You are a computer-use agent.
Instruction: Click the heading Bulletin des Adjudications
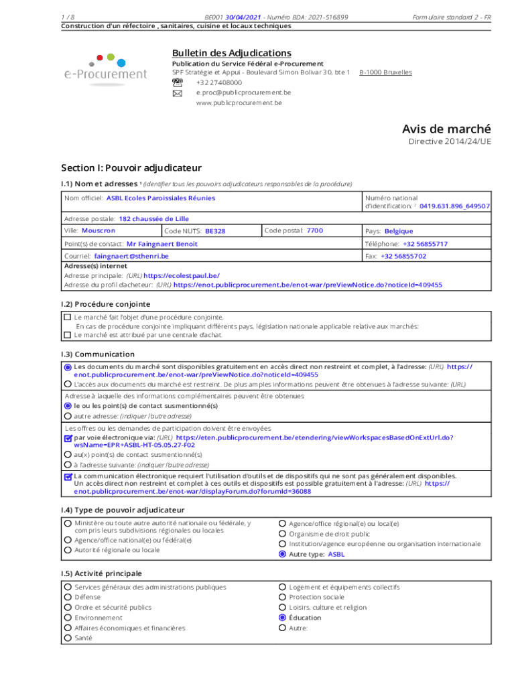point(231,53)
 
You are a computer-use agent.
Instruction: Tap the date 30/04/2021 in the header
point(244,17)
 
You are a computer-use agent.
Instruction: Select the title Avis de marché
point(446,129)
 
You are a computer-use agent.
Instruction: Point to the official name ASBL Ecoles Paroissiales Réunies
point(161,198)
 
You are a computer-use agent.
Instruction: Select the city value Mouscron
point(98,230)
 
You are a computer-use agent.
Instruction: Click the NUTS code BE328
point(215,231)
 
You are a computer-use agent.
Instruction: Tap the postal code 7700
point(314,230)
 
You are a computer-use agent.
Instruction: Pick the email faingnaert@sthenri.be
point(131,256)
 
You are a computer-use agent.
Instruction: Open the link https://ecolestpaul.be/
point(181,275)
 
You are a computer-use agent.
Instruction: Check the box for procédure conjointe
point(67,317)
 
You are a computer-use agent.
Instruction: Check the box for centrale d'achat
point(67,334)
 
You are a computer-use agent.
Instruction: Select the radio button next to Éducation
point(283,618)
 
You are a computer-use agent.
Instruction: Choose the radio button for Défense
point(68,597)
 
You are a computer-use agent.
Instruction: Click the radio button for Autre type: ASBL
point(283,555)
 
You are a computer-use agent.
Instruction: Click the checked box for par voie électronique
point(68,438)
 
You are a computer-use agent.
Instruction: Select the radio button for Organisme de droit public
point(283,534)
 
